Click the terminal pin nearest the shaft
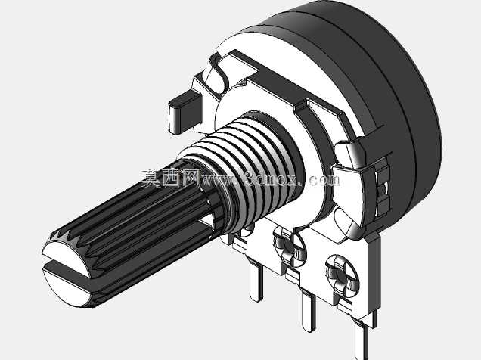click(256, 278)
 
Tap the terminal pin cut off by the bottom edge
click(362, 340)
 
